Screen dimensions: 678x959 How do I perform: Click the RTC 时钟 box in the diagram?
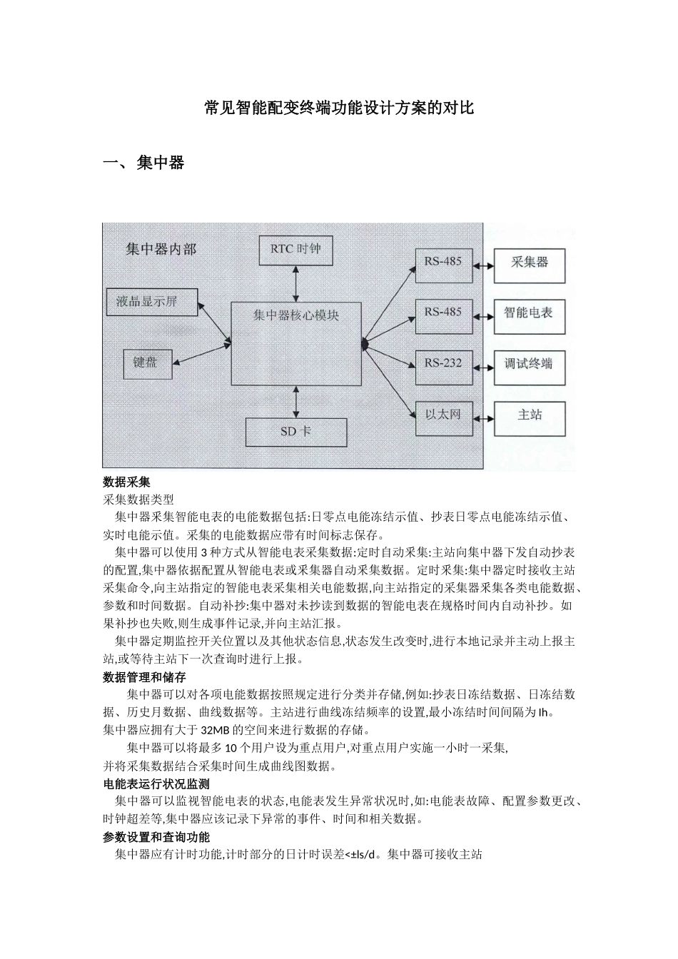point(295,249)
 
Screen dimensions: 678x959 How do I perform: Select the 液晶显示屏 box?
point(147,302)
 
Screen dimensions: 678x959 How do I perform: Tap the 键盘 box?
point(146,362)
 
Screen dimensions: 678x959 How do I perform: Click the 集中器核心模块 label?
point(296,315)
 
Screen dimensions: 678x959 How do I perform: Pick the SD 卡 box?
point(295,432)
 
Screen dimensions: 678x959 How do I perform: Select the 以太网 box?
point(443,415)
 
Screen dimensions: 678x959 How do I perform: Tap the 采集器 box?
point(530,263)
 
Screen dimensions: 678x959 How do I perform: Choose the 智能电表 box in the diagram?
point(529,313)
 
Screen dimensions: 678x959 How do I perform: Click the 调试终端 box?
point(529,364)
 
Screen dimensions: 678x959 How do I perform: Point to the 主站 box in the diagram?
point(529,415)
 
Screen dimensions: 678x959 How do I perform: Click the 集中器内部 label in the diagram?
point(161,249)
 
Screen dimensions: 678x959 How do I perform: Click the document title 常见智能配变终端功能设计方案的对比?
point(339,108)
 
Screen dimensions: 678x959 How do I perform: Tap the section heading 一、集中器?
point(144,163)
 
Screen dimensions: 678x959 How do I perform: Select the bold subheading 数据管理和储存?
point(145,677)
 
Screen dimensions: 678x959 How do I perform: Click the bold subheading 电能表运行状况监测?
point(156,783)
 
